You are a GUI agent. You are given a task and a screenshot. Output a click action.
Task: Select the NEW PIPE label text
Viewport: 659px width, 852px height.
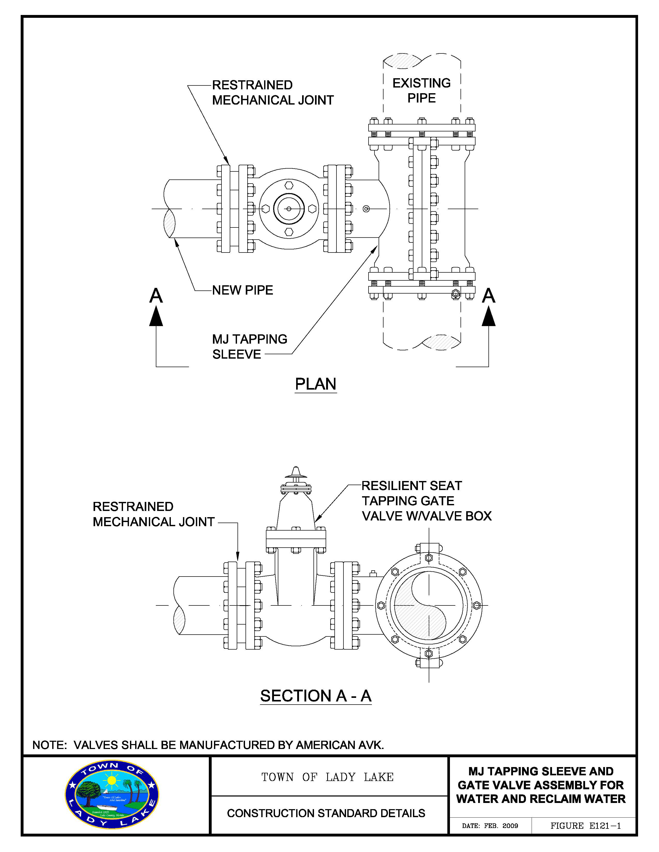click(x=242, y=290)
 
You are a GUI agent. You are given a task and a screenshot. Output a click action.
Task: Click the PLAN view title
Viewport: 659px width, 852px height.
click(x=316, y=384)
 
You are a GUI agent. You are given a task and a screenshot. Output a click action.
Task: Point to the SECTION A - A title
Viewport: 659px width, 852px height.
click(x=316, y=696)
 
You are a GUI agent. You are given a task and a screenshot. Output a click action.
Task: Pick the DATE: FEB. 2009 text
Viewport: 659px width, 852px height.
click(x=490, y=826)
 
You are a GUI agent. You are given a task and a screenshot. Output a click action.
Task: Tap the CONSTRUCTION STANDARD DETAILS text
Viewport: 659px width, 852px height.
click(x=326, y=813)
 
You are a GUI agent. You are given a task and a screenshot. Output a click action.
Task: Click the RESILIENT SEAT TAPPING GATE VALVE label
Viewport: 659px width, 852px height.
click(x=426, y=501)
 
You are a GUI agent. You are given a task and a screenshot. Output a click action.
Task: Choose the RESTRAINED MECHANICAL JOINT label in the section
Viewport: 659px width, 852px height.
click(x=154, y=514)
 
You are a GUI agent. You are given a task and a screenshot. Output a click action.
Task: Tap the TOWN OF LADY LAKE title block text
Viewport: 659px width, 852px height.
click(x=327, y=777)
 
